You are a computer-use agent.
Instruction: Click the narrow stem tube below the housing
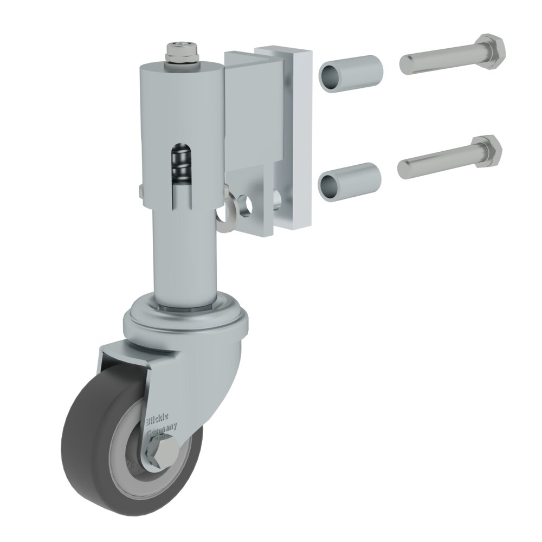[182, 255]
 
